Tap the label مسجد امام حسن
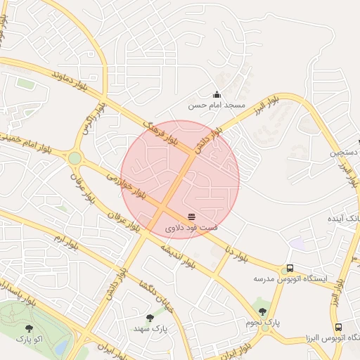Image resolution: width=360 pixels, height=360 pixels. tap(217, 105)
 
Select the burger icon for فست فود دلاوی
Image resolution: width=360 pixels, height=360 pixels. tap(191, 216)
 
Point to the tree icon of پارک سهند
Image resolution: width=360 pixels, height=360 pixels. tap(150, 318)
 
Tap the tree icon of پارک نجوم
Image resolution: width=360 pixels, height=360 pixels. tap(262, 311)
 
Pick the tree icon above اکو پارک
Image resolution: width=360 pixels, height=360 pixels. tap(29, 328)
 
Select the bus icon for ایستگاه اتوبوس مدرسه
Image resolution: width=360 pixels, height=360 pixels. tap(289, 269)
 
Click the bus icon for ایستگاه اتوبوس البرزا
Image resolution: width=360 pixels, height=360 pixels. tap(338, 328)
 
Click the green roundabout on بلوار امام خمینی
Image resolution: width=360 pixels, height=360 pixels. tap(74, 158)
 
